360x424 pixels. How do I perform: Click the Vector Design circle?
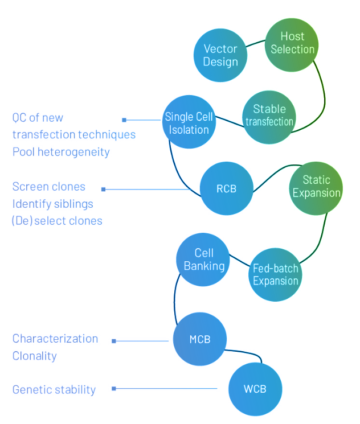point(220,55)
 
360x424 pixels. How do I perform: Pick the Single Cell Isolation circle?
point(189,123)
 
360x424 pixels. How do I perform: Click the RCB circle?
point(226,188)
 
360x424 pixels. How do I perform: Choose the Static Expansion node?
point(316,187)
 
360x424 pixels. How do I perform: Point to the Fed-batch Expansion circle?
point(276,275)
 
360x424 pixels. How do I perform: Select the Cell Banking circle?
point(203,259)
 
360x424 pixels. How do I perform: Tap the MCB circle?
point(200,340)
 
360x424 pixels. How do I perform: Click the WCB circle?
point(255,389)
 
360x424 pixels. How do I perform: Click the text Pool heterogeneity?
point(61,152)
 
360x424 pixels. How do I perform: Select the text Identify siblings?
point(52,203)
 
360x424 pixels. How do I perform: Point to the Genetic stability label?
point(54,390)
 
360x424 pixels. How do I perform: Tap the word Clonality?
point(35,356)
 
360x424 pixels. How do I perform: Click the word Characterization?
point(55,339)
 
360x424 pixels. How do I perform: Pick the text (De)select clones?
point(57,220)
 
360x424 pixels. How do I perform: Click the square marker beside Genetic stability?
point(114,389)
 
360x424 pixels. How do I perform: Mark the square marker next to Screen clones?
point(103,189)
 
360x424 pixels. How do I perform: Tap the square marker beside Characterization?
point(114,341)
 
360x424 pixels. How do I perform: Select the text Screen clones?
point(49,187)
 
